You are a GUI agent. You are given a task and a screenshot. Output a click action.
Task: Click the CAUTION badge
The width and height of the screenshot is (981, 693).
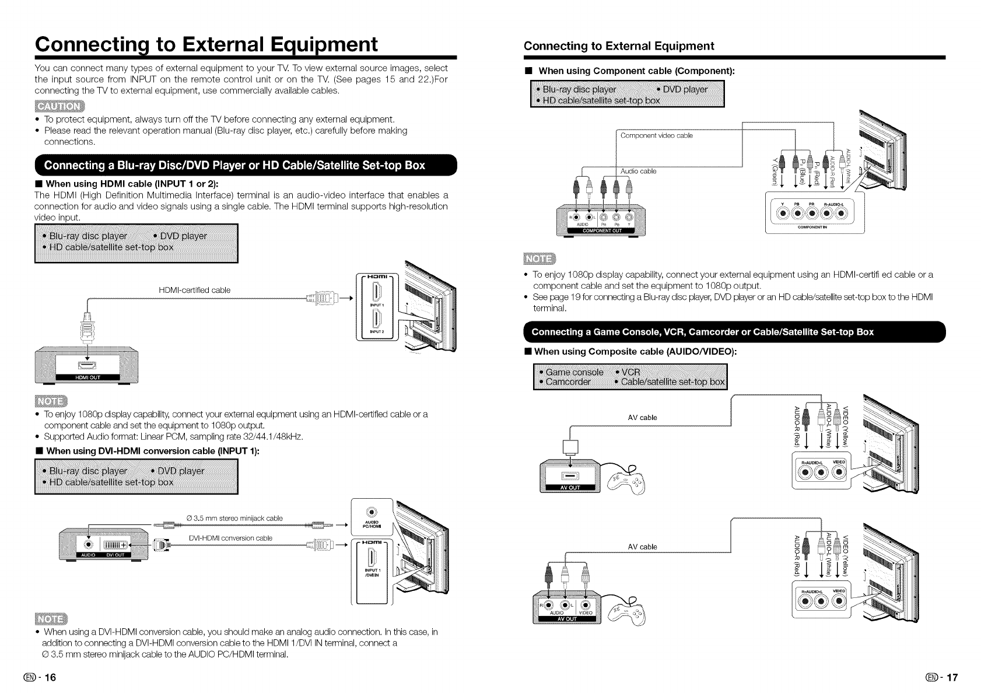pos(59,106)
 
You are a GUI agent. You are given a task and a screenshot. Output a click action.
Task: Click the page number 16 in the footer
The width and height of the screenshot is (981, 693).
pos(45,678)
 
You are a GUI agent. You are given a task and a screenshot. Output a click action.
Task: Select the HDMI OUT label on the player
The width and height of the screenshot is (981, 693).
pos(87,377)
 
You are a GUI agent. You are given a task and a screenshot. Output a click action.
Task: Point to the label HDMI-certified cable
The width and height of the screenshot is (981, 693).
pos(194,290)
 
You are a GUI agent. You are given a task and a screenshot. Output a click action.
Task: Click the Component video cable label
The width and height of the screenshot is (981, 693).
pos(656,135)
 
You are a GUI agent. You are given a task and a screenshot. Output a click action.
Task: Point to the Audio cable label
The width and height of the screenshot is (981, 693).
pos(638,171)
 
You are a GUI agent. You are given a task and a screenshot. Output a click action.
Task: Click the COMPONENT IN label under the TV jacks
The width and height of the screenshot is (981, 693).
pos(812,228)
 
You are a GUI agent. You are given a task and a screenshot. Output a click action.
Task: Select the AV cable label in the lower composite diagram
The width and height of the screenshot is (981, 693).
pos(642,547)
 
